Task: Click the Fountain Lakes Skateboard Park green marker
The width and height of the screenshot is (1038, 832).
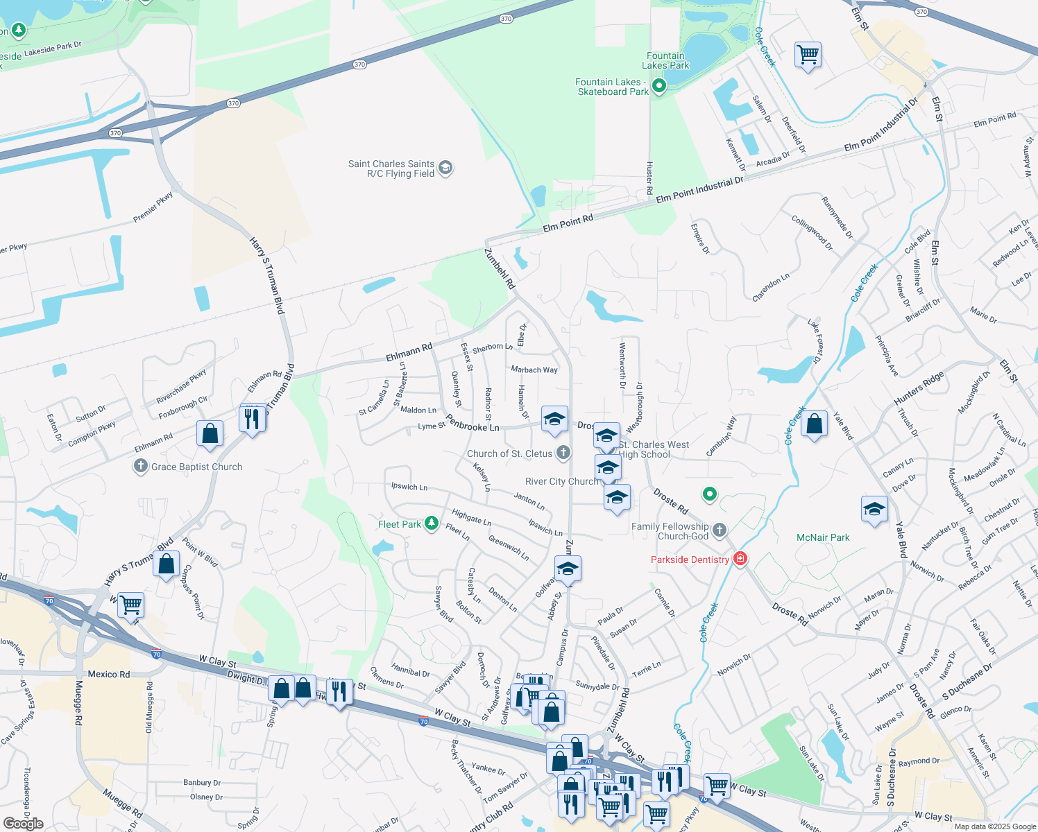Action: click(x=659, y=86)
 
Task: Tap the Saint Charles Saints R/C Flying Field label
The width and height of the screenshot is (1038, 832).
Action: click(x=391, y=168)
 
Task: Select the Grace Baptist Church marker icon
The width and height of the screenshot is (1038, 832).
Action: click(x=141, y=466)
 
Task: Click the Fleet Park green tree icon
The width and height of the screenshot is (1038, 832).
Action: click(x=432, y=523)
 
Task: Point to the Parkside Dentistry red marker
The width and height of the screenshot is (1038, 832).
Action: click(x=740, y=559)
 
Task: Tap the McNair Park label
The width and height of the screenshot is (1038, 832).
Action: click(x=823, y=537)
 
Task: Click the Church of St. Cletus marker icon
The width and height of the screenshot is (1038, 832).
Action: click(x=563, y=453)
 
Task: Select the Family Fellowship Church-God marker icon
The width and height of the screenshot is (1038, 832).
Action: click(x=720, y=530)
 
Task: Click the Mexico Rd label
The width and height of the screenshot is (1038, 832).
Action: click(x=109, y=674)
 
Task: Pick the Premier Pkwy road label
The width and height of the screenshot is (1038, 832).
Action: click(x=153, y=207)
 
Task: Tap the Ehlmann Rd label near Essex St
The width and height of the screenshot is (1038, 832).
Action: click(x=409, y=352)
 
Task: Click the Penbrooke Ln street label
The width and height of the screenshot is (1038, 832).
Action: click(x=473, y=423)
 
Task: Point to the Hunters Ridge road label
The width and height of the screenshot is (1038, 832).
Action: click(x=919, y=388)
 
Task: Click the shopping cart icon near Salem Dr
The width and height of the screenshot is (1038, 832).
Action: click(x=808, y=53)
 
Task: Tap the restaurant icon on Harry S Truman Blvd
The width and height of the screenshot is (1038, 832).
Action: click(x=252, y=418)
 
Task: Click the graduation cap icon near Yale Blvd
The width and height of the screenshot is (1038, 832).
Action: click(x=874, y=510)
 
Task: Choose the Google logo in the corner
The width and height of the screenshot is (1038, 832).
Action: click(x=24, y=824)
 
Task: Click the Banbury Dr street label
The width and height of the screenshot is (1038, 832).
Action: click(x=202, y=783)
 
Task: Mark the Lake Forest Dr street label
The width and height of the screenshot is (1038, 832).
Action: click(x=815, y=340)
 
